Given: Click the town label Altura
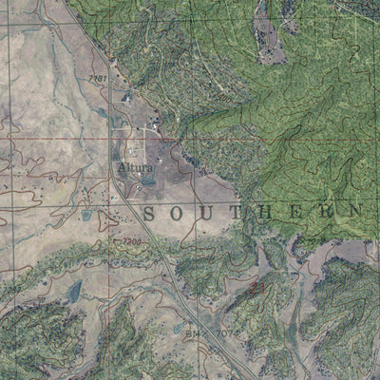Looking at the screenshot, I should pos(135,168).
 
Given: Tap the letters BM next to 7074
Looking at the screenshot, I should pos(192,333).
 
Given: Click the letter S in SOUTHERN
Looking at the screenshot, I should pos(150,216).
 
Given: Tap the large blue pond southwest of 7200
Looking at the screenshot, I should pos(74,290).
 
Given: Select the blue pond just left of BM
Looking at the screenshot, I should pos(178,329).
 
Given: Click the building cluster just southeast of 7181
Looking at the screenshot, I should pos(127,96).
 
